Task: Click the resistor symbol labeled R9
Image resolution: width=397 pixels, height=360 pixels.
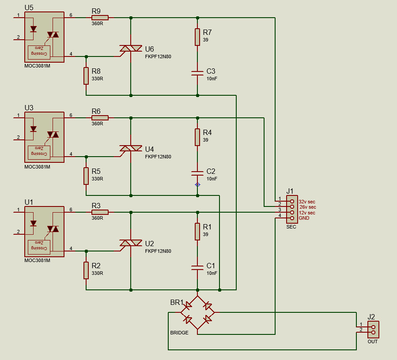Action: tap(100, 18)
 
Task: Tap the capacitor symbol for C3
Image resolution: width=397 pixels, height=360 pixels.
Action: tap(197, 73)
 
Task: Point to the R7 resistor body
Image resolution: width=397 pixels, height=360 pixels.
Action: tap(197, 37)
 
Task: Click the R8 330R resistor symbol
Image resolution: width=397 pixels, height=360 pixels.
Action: tap(86, 75)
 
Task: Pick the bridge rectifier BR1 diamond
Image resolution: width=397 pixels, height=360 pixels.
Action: tap(197, 312)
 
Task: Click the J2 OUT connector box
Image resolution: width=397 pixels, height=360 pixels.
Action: tap(373, 330)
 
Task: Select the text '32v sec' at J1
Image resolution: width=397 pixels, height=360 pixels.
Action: tap(307, 202)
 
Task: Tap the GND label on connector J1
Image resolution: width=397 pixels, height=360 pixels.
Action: tap(304, 218)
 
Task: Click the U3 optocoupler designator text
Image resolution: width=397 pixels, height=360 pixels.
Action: tap(29, 108)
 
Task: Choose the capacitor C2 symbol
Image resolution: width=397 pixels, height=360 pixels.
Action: tap(197, 173)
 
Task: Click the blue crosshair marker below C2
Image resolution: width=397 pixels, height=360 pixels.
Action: tap(197, 184)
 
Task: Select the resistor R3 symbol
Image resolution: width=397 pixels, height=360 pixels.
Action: tap(100, 212)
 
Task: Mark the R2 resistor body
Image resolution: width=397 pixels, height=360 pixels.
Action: tap(86, 270)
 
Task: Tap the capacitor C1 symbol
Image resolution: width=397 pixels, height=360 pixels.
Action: tap(197, 267)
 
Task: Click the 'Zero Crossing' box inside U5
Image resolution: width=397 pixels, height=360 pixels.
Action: tap(39, 52)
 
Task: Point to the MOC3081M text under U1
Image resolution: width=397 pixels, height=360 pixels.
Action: tap(38, 260)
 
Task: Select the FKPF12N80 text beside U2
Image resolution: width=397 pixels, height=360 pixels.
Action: tap(158, 251)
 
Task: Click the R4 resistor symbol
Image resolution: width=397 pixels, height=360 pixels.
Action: tap(197, 137)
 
